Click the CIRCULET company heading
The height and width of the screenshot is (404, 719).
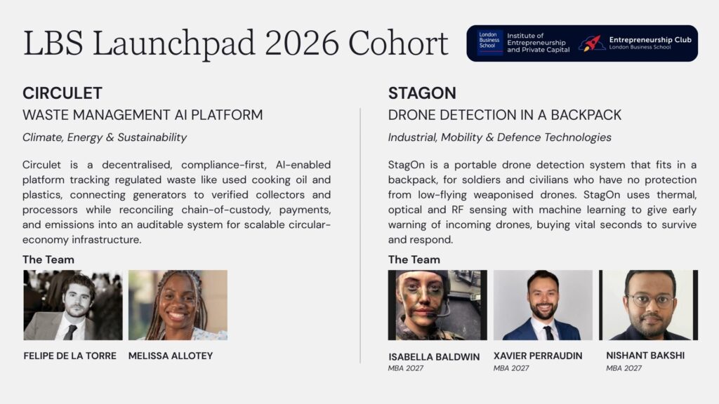click(x=62, y=93)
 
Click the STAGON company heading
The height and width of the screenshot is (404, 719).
click(x=422, y=93)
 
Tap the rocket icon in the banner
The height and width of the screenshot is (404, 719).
click(x=591, y=43)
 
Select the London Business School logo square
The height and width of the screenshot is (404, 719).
click(x=489, y=43)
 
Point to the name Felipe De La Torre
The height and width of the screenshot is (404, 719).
click(x=70, y=356)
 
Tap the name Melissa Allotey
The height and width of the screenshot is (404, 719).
click(x=171, y=356)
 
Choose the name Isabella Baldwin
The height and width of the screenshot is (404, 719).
click(x=434, y=357)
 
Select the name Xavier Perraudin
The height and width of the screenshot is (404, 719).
click(x=538, y=356)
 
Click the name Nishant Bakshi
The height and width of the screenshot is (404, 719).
click(x=645, y=356)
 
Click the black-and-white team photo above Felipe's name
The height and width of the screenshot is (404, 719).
click(x=73, y=305)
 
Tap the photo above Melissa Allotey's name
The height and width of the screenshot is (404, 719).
click(x=178, y=305)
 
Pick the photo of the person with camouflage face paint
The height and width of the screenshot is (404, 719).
click(x=437, y=305)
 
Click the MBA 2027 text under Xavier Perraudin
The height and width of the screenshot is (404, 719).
click(x=511, y=368)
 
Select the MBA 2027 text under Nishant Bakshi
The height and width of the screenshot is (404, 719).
click(x=624, y=368)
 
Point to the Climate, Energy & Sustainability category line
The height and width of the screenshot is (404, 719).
click(x=105, y=137)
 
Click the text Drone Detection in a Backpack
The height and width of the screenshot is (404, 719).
click(x=504, y=115)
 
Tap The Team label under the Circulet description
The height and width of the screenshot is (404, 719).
click(x=48, y=260)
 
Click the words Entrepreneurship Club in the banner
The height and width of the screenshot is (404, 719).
click(x=650, y=40)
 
